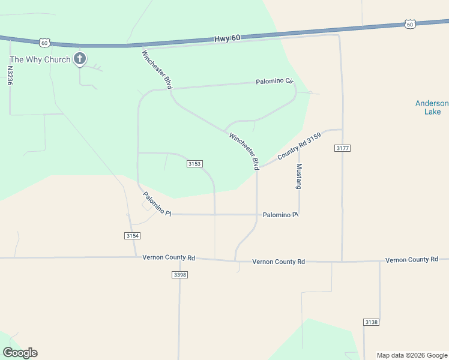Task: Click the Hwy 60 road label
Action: coord(227,38)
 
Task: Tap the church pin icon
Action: coord(79,59)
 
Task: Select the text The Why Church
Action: coord(40,59)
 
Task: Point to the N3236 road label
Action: coord(10,77)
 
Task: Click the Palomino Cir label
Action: coord(274,81)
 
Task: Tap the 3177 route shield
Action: coord(343,148)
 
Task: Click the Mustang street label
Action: coord(299,176)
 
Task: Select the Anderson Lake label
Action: coord(432,107)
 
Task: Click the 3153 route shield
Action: coord(194,163)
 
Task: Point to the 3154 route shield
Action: coord(133,236)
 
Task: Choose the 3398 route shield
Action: coord(179,274)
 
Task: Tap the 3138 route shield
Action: coord(371,322)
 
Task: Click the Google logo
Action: coord(20,353)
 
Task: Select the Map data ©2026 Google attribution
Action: coord(412,355)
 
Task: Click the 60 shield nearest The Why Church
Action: coord(44,43)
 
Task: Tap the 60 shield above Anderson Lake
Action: coord(409,24)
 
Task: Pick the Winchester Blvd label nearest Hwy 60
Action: coord(157,70)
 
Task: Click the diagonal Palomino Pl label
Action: coord(157,204)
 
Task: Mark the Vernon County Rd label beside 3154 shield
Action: coord(169,257)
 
